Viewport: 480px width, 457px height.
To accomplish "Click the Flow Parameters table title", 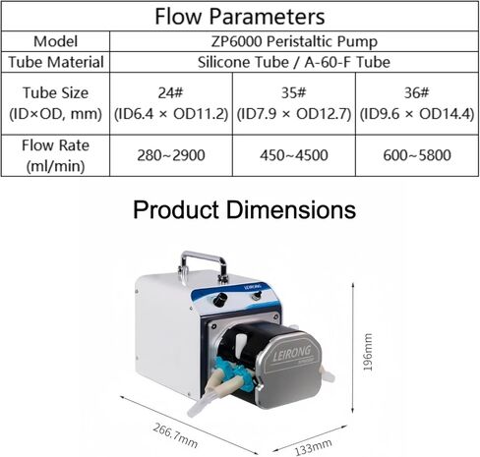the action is (x=240, y=16).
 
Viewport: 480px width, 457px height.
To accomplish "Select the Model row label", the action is (x=55, y=41).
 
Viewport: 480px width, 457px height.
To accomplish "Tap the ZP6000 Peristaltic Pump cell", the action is (x=294, y=41).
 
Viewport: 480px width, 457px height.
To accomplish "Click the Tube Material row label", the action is (x=56, y=62).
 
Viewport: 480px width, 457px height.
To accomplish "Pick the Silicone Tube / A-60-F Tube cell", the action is (x=294, y=62).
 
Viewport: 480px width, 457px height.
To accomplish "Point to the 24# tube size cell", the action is (x=171, y=103).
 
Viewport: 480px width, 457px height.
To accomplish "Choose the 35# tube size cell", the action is (x=294, y=103).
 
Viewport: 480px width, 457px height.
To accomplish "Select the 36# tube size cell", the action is (x=417, y=103).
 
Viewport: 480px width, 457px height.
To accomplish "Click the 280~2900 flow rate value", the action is (x=171, y=155).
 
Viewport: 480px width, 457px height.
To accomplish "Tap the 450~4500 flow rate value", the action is (x=294, y=155).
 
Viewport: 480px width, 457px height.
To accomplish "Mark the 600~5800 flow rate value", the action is (x=417, y=155).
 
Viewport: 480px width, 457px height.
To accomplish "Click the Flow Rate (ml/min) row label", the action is (x=55, y=155).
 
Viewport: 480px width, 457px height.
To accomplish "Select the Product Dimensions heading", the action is (x=244, y=209).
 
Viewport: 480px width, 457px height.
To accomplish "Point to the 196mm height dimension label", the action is (x=368, y=352).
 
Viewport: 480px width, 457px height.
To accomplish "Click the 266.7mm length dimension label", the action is (x=175, y=435).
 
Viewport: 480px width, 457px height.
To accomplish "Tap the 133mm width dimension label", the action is (x=313, y=447).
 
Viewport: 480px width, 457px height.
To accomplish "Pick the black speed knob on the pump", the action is (x=220, y=300).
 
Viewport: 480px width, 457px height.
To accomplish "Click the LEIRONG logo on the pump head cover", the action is (x=291, y=354).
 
